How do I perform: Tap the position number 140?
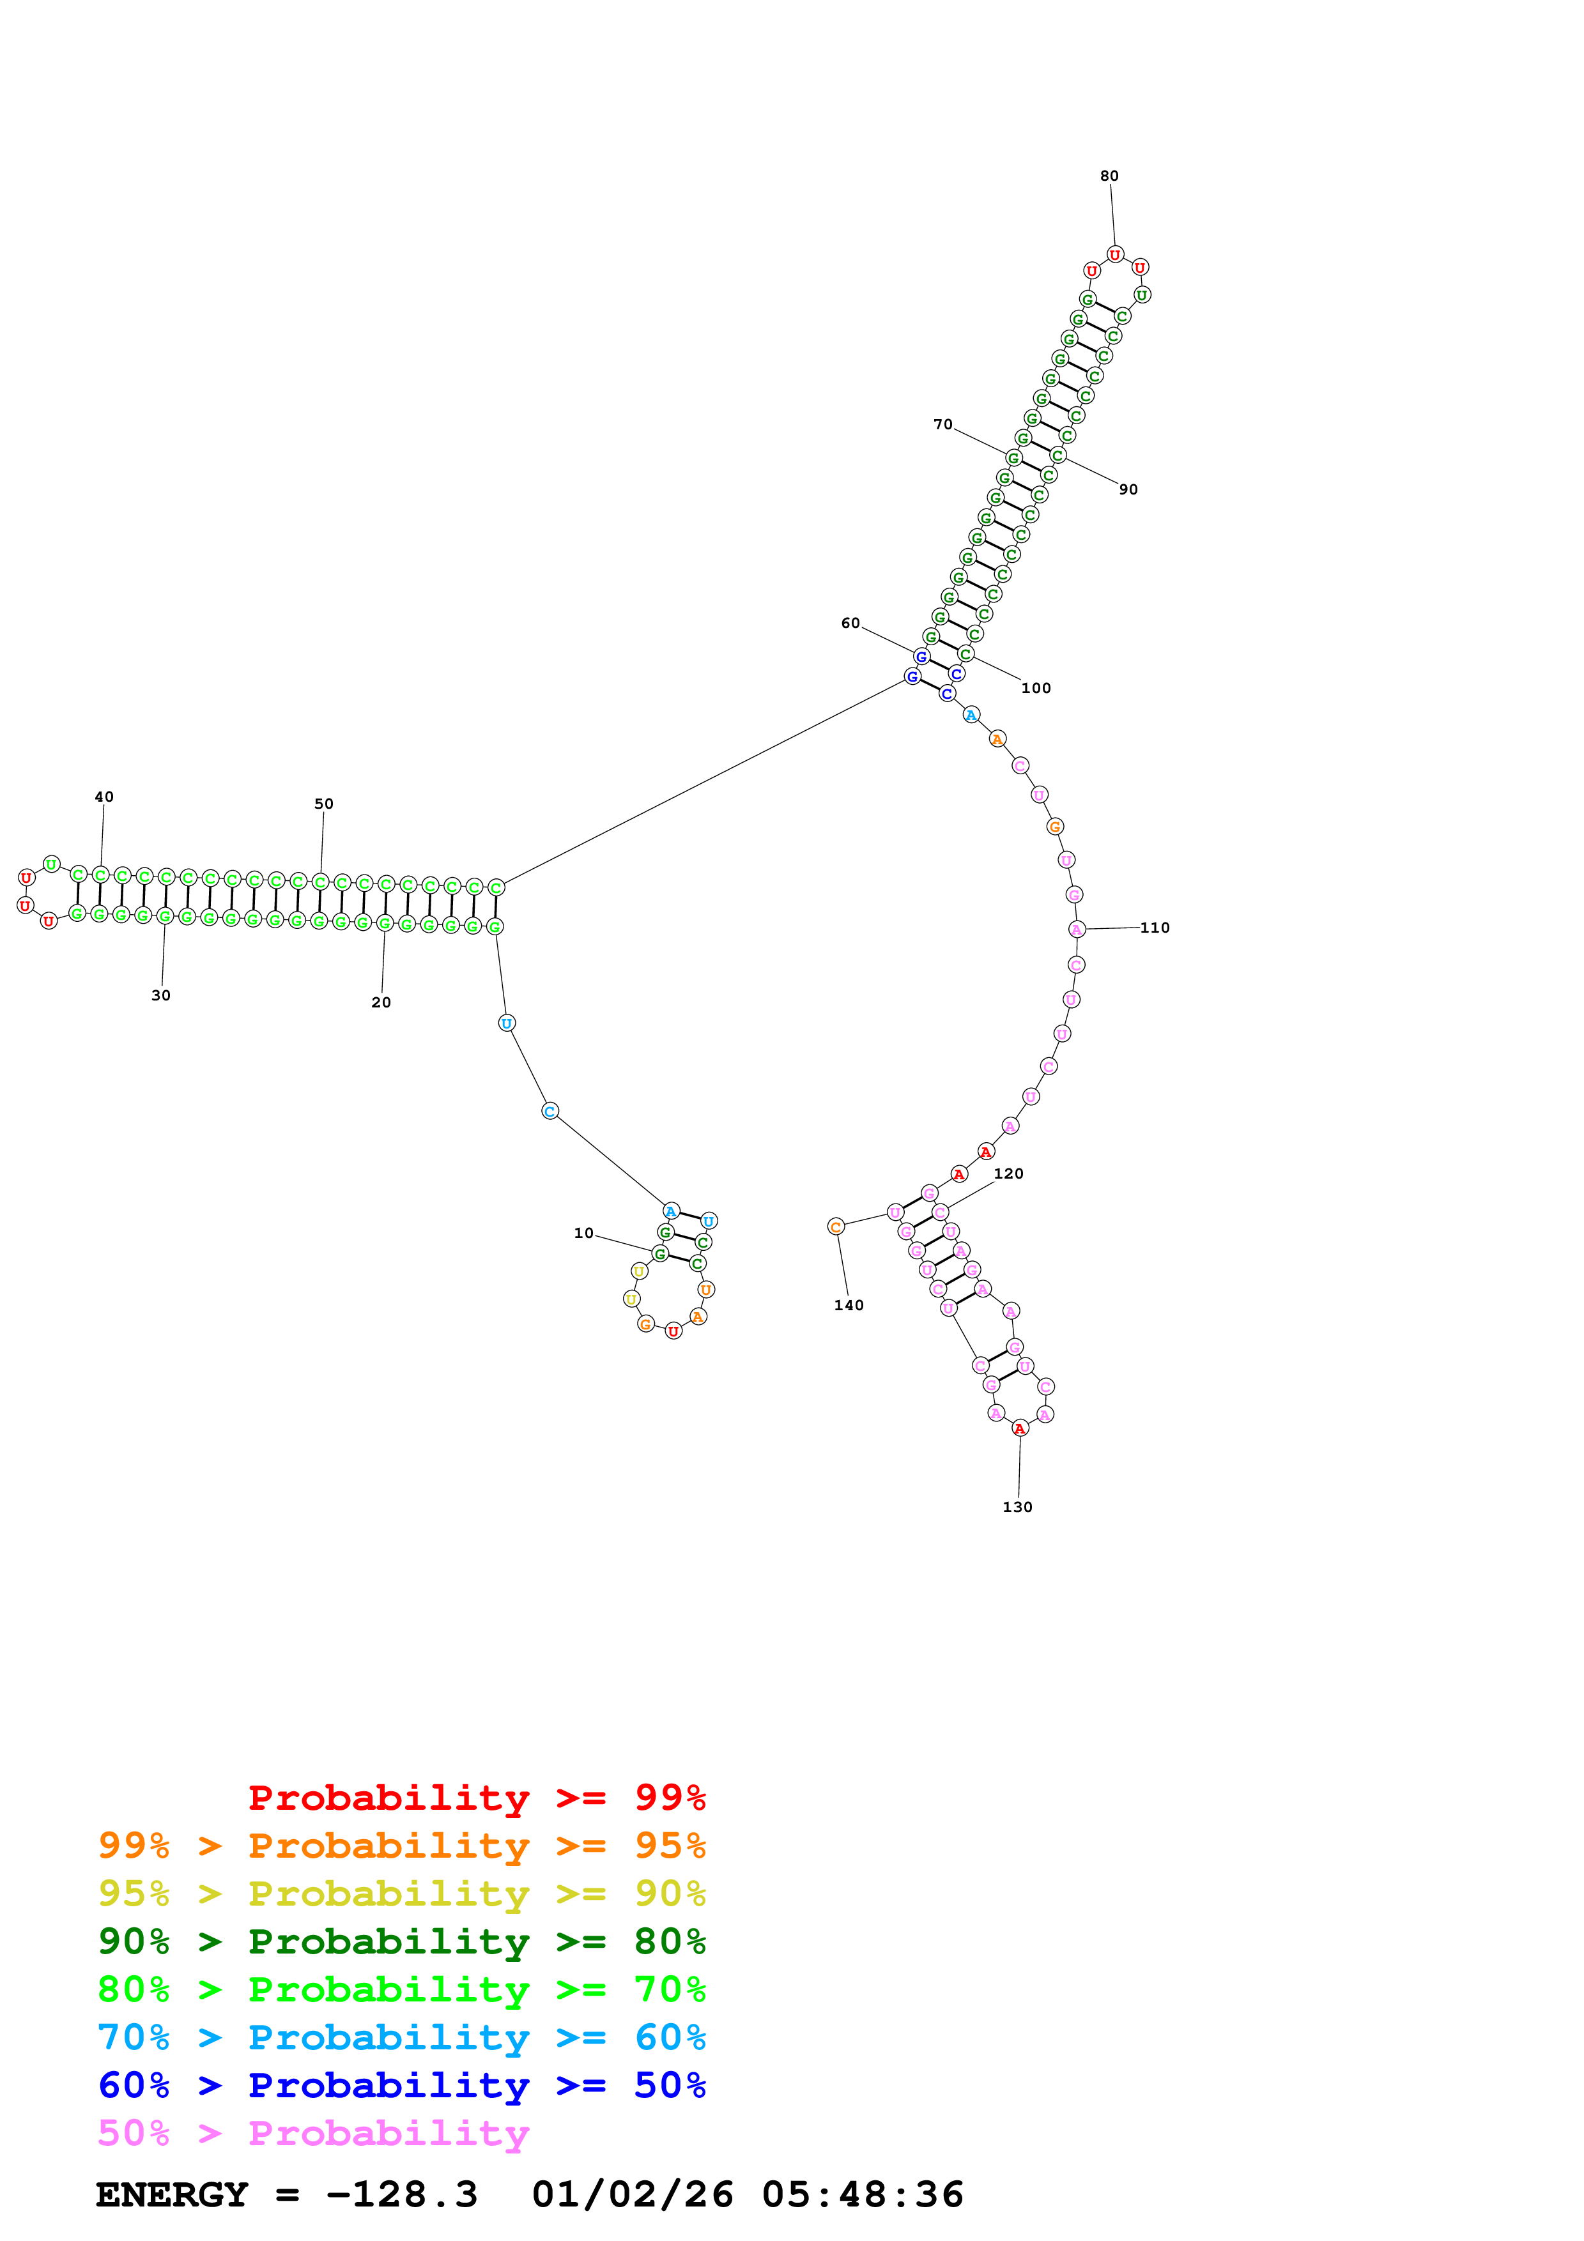pos(848,1305)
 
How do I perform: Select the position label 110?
pos(1155,927)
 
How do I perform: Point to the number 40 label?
pos(104,797)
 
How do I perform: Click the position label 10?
pos(583,1233)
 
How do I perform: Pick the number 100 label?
pos(1036,688)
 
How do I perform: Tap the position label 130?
pos(1017,1507)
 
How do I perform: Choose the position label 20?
pos(381,1002)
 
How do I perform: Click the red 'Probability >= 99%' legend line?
pos(476,1798)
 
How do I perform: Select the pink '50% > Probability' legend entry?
pos(313,2134)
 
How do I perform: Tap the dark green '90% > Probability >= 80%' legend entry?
pos(401,1941)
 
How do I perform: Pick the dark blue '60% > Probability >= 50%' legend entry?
pos(401,2085)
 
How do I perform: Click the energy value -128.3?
pos(401,2195)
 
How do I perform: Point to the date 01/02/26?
pos(633,2195)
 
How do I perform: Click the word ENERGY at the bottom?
pos(172,2195)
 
